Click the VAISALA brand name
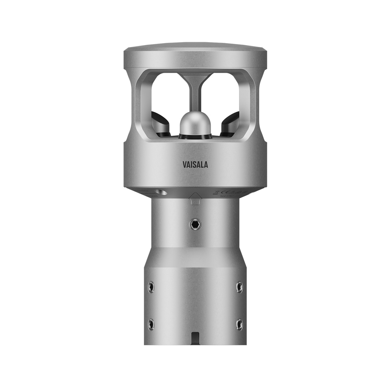pyautogui.click(x=195, y=164)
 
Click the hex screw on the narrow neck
pyautogui.click(x=195, y=223)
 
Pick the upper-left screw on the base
pyautogui.click(x=150, y=286)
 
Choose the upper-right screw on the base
pyautogui.click(x=240, y=286)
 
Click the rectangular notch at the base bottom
pyautogui.click(x=195, y=338)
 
